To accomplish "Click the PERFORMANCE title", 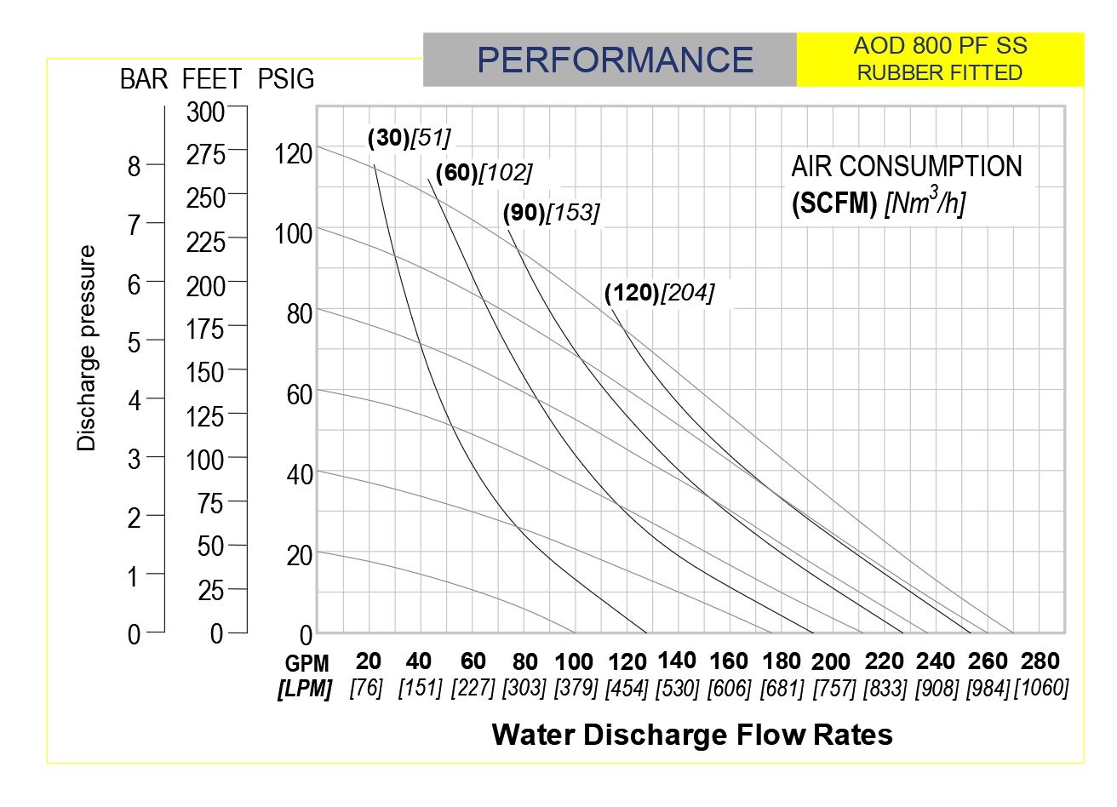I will (615, 60).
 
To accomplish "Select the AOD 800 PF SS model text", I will (940, 46).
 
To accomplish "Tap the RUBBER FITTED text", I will (939, 73).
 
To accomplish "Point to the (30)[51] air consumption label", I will (409, 137).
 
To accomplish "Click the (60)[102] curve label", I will (484, 173).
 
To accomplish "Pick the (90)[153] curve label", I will (551, 213).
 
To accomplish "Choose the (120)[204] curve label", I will (659, 293).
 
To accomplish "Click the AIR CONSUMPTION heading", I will (907, 166).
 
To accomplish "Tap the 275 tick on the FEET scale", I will (206, 155).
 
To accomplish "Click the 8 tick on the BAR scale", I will (134, 166).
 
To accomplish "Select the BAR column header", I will (143, 79).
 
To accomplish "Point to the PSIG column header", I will (286, 79).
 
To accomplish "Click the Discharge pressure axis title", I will (87, 348).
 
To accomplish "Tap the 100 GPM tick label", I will (574, 661).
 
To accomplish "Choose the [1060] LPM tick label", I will (1040, 688).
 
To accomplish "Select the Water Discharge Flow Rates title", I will (692, 735).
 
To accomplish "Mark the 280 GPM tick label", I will (1040, 661).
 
